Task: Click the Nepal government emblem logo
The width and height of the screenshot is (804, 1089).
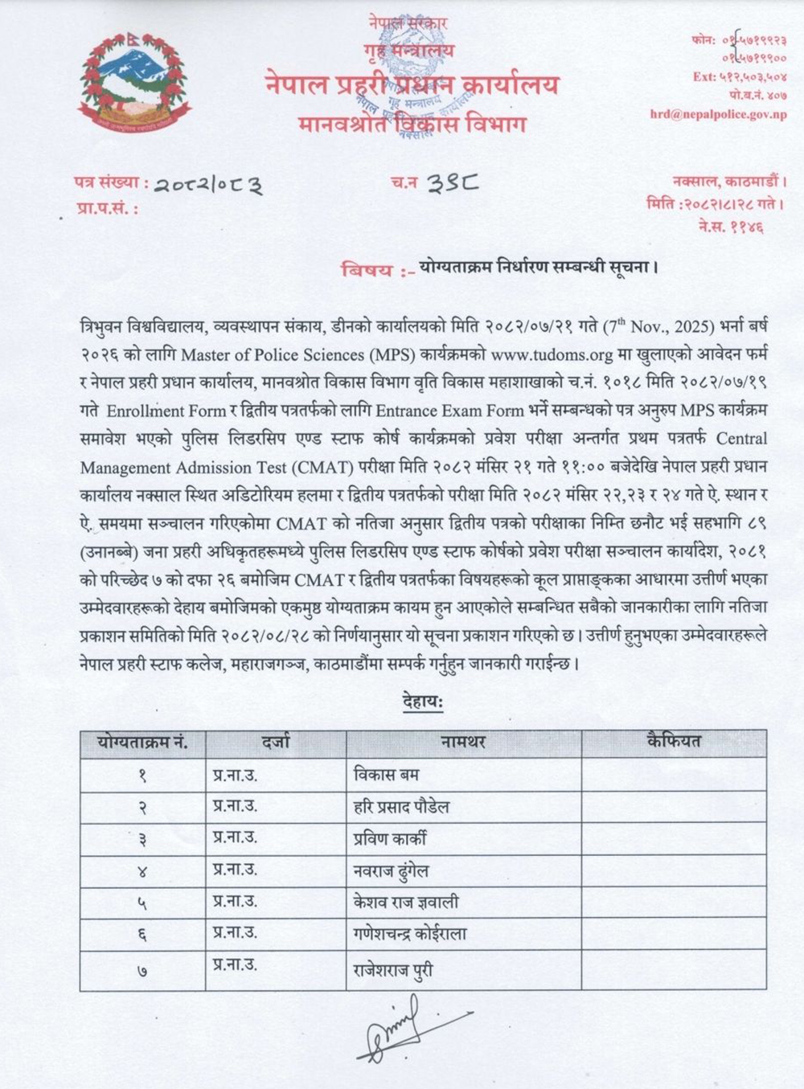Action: (x=134, y=83)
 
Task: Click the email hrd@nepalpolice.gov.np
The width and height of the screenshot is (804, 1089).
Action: (x=718, y=114)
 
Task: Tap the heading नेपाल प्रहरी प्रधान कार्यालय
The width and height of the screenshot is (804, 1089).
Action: (x=411, y=84)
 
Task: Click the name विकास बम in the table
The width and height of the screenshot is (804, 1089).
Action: (x=386, y=776)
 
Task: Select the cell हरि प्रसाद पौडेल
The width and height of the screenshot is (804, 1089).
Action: (x=401, y=807)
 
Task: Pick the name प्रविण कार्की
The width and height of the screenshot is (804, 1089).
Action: (x=390, y=838)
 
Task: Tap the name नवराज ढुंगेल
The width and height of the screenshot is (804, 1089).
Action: (x=392, y=870)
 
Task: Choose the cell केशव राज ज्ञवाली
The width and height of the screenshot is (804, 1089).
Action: (x=406, y=902)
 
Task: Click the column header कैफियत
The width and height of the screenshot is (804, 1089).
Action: (x=673, y=742)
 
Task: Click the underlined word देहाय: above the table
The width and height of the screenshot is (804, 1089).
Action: (x=423, y=702)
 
